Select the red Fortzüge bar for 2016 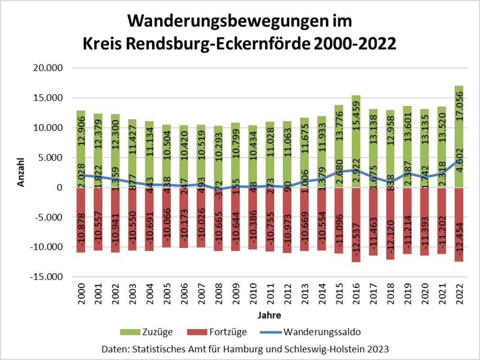click(356, 225)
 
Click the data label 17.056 click(459, 108)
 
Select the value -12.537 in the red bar click(356, 241)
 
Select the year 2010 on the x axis click(252, 295)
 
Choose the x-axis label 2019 click(408, 295)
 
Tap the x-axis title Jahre click(269, 315)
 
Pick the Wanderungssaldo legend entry click(322, 333)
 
